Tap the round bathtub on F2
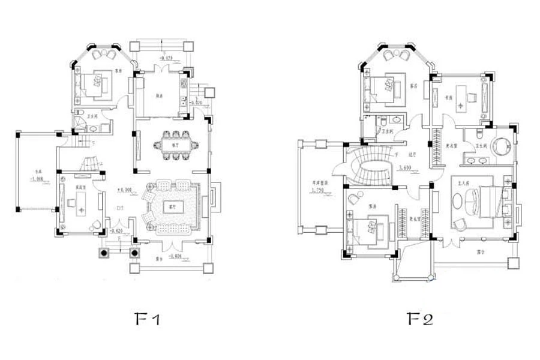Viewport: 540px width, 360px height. click(x=500, y=146)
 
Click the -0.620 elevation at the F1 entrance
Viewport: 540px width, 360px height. click(x=117, y=230)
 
